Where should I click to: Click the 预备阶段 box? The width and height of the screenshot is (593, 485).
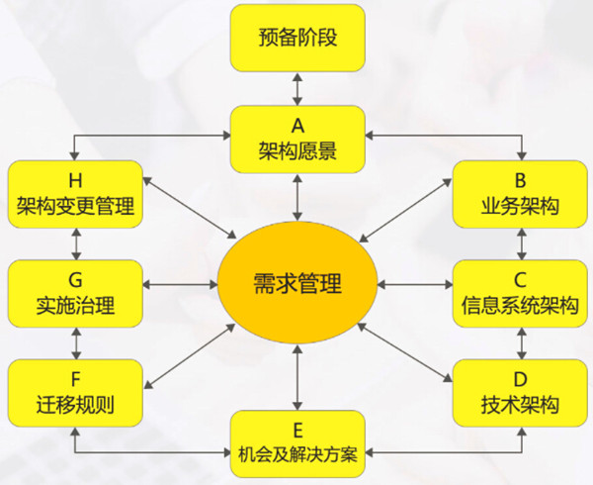pyautogui.click(x=297, y=38)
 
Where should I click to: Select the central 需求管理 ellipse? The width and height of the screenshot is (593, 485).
pyautogui.click(x=297, y=283)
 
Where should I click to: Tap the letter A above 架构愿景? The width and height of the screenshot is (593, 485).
pyautogui.click(x=297, y=126)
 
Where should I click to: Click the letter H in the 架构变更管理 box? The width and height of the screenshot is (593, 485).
pyautogui.click(x=75, y=180)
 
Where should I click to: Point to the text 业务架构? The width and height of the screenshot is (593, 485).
pyautogui.click(x=520, y=206)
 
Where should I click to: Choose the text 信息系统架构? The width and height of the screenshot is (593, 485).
pyautogui.click(x=520, y=305)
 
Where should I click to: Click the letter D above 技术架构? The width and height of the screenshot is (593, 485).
pyautogui.click(x=521, y=379)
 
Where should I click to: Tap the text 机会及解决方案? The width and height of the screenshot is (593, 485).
pyautogui.click(x=297, y=453)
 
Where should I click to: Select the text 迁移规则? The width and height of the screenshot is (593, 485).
pyautogui.click(x=75, y=405)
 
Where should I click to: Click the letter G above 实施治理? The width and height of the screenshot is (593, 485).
pyautogui.click(x=75, y=280)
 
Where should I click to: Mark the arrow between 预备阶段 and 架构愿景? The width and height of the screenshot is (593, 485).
pyautogui.click(x=297, y=89)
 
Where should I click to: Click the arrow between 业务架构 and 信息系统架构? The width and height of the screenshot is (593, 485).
pyautogui.click(x=522, y=244)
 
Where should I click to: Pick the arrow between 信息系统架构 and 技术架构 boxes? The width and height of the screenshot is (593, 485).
pyautogui.click(x=522, y=343)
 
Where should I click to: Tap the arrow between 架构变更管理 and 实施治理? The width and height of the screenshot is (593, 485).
pyautogui.click(x=77, y=244)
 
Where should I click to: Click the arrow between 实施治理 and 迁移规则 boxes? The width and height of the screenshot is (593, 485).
pyautogui.click(x=77, y=343)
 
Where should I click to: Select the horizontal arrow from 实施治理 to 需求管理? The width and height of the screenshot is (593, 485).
pyautogui.click(x=181, y=284)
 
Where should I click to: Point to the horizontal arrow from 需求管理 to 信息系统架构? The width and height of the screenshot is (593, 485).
pyautogui.click(x=415, y=284)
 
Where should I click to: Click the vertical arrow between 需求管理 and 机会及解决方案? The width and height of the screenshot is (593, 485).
pyautogui.click(x=297, y=377)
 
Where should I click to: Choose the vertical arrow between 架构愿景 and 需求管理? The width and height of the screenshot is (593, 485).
pyautogui.click(x=297, y=197)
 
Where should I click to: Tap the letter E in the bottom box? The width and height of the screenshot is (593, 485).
pyautogui.click(x=297, y=431)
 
